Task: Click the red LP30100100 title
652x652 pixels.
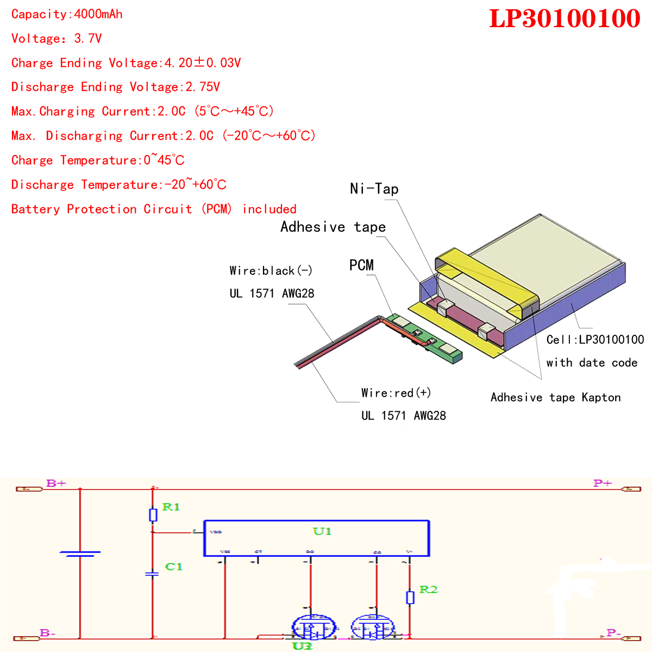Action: [x=565, y=18]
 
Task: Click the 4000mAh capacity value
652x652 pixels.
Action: [x=98, y=14]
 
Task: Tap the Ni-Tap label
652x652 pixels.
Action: [x=374, y=189]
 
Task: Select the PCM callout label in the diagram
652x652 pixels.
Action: [x=361, y=265]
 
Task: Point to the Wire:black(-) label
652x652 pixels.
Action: [x=271, y=271]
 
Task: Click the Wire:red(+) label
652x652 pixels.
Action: [x=396, y=393]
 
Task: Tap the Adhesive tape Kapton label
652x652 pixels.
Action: [x=555, y=397]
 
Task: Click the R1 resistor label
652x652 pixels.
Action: [x=171, y=507]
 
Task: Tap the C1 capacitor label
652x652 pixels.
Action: [x=173, y=567]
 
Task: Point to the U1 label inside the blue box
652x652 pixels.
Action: [x=322, y=531]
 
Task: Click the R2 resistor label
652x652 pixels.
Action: [x=428, y=590]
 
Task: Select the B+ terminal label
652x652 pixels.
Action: [x=56, y=483]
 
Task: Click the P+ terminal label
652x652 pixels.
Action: [x=603, y=483]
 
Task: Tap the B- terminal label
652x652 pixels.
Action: [x=48, y=633]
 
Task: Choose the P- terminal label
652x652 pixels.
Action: [x=613, y=633]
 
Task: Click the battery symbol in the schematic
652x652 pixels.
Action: [x=80, y=554]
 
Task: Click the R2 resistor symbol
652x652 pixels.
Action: [x=410, y=598]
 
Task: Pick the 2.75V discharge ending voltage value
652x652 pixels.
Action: [x=203, y=87]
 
